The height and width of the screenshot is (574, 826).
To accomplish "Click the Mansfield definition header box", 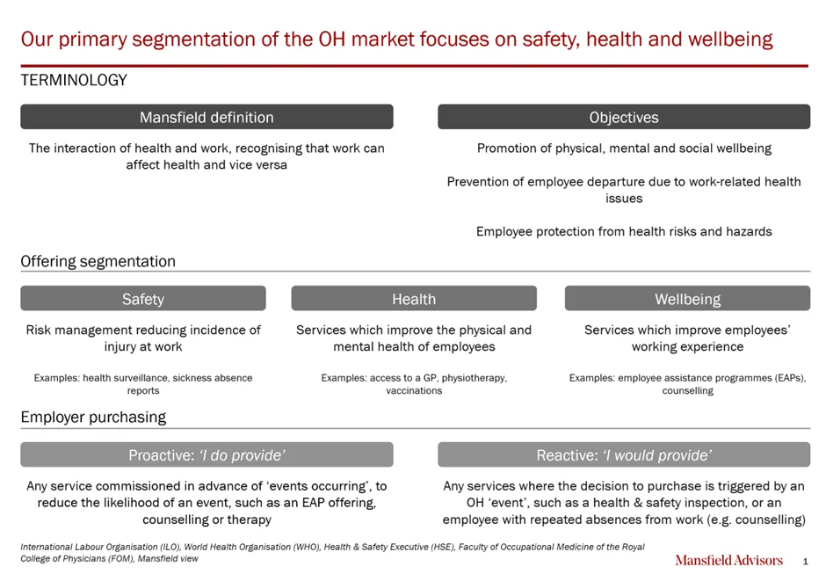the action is (206, 117).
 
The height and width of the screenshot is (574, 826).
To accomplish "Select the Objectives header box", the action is (624, 117).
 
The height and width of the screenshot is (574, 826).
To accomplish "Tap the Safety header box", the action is (142, 298).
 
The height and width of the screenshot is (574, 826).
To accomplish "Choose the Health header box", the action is (414, 298).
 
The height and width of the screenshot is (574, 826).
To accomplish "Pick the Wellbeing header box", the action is (687, 298).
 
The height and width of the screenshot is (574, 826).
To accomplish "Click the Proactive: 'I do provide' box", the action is (206, 454).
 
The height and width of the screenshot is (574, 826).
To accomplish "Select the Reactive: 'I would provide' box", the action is (624, 454).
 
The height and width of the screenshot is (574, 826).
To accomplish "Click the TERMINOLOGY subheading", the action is (74, 80).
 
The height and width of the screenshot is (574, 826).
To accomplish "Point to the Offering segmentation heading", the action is (98, 261).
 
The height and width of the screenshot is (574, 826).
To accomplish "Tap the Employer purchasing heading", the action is (93, 417).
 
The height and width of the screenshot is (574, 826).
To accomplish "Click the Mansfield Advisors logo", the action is (729, 560).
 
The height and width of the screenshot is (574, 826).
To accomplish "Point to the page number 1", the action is (805, 562).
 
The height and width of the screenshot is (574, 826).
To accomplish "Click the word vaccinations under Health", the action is (414, 390).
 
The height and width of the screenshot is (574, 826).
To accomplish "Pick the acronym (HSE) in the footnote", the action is (441, 547).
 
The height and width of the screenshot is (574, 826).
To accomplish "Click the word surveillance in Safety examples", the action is (139, 378).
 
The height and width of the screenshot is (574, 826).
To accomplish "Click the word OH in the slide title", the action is (332, 40).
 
